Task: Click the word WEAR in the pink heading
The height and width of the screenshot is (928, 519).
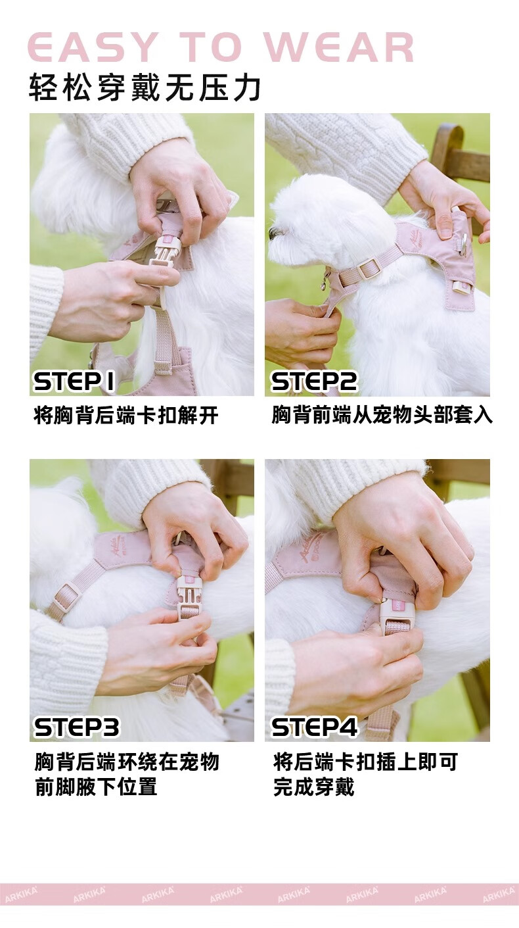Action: (x=339, y=47)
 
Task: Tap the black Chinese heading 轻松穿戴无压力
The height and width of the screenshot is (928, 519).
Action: (x=145, y=87)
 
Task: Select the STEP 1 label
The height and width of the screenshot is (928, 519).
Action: (x=74, y=381)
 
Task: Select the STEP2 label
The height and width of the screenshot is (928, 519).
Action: (x=314, y=381)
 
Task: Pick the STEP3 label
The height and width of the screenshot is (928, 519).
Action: (x=77, y=727)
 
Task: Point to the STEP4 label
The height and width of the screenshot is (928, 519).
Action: (x=315, y=727)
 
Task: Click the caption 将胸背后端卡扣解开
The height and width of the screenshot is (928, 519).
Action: (x=126, y=415)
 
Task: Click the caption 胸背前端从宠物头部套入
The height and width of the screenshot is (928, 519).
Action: (x=382, y=415)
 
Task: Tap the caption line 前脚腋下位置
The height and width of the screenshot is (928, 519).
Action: (x=96, y=787)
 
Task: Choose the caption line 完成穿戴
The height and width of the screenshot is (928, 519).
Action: (x=314, y=787)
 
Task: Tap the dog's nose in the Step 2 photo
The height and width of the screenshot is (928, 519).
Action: (x=273, y=233)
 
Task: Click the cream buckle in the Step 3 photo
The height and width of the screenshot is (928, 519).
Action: (x=189, y=597)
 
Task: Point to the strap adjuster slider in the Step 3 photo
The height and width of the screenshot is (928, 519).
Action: (x=66, y=597)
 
